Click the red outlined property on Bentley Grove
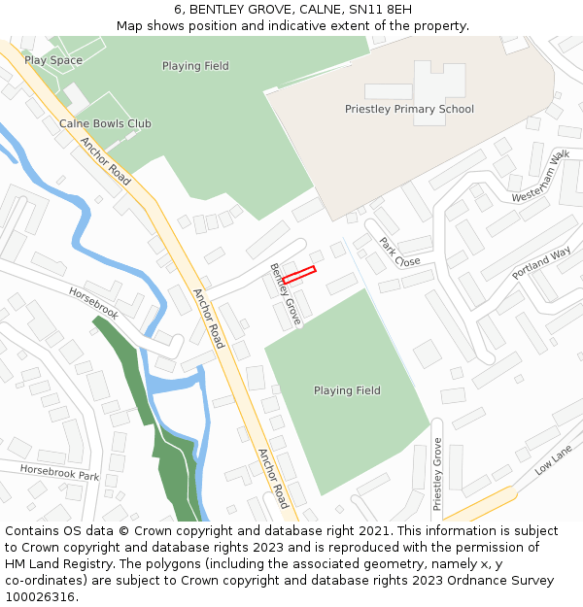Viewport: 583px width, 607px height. point(299,275)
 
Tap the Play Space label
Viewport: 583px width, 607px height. point(53,60)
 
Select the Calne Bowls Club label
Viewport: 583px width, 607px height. point(105,123)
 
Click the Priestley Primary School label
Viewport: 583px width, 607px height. point(409,109)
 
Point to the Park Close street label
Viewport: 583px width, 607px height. point(399,252)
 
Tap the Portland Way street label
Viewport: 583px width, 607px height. point(541,263)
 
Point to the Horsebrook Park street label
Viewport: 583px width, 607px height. point(60,473)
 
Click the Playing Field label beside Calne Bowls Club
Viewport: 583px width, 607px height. point(195,66)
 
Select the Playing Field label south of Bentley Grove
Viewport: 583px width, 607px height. point(347,390)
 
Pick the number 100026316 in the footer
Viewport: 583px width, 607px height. point(40,596)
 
